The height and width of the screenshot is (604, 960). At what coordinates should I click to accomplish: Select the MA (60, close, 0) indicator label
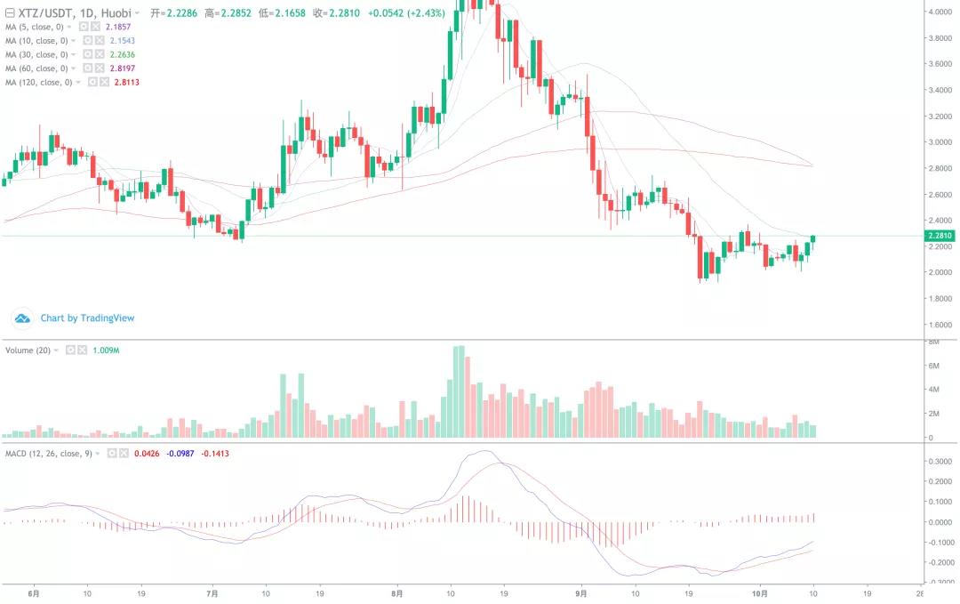point(36,68)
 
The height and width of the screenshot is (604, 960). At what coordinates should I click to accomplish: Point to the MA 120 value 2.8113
point(127,83)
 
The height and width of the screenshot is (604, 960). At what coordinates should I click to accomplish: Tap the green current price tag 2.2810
point(940,236)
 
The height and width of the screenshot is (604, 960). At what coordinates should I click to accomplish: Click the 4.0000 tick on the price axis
point(940,12)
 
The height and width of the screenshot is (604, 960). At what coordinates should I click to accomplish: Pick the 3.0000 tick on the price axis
point(940,142)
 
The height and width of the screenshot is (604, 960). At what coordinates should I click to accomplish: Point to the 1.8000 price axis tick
point(940,299)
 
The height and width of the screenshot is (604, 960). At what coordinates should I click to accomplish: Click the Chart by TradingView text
point(87,318)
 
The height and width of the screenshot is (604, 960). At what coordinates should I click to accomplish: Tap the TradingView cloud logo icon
point(22,318)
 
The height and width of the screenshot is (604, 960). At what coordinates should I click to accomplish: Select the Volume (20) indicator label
point(28,350)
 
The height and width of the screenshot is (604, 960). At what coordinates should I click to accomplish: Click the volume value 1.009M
point(106,350)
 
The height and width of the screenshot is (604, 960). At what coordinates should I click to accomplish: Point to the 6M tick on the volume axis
point(934,366)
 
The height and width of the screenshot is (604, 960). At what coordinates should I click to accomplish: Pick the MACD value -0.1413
point(215,454)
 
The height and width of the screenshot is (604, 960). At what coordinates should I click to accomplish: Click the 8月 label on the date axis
point(397,592)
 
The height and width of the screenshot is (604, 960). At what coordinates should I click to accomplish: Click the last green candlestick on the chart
point(812,238)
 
